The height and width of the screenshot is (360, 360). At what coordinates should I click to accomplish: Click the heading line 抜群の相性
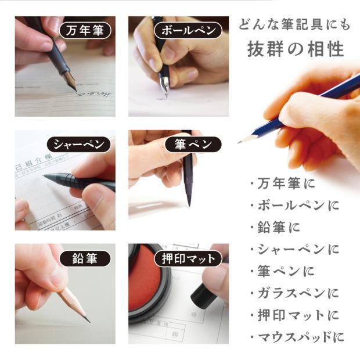tap(294, 48)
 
